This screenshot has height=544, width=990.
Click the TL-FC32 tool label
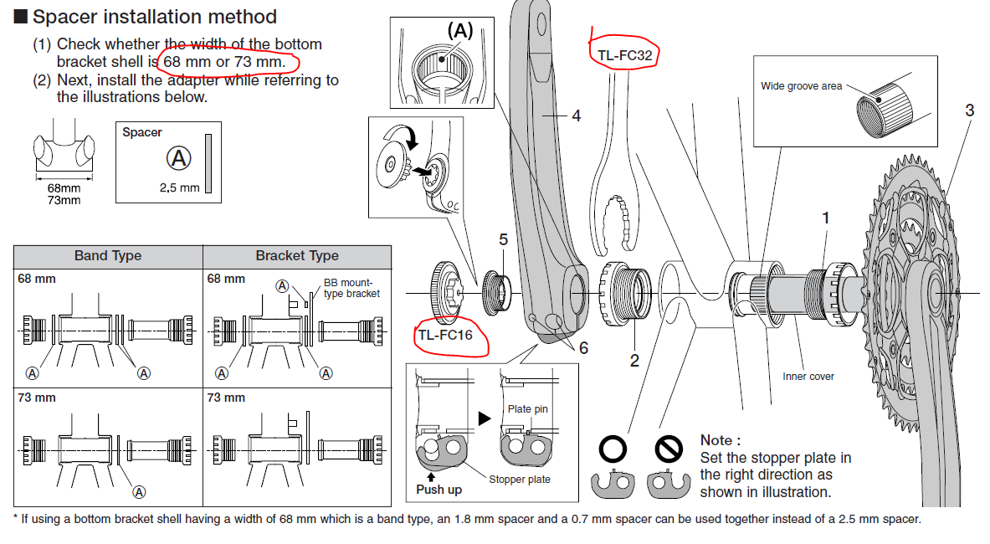624,56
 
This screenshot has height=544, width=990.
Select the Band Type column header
108,256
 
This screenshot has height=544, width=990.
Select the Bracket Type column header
297,256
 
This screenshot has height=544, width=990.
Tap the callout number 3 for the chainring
969,110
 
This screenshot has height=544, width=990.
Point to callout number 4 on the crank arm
576,116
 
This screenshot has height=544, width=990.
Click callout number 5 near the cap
503,240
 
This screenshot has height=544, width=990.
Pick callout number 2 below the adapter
634,361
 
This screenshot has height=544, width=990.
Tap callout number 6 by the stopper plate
583,347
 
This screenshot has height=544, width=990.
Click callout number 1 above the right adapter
825,218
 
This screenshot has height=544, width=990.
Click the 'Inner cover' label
808,377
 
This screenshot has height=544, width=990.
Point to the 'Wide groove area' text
801,86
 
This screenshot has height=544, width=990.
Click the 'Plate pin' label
527,409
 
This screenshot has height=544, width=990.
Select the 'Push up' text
439,489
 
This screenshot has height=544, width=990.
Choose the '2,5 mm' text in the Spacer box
180,187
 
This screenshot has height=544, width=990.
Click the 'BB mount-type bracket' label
351,288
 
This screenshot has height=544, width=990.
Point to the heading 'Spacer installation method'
154,17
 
